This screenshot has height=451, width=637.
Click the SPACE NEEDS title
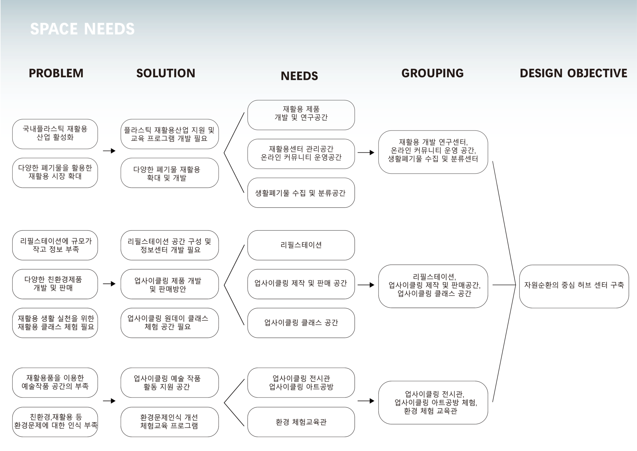(82, 29)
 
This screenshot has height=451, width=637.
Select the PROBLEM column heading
(56, 73)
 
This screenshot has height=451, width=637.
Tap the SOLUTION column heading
(166, 73)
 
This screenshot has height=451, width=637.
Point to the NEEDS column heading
(299, 76)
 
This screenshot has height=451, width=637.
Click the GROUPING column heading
(432, 73)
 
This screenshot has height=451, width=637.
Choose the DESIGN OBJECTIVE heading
(573, 73)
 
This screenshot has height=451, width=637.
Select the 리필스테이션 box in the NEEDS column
(301, 245)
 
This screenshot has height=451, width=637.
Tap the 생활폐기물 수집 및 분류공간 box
(301, 193)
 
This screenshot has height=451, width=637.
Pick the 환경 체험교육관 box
(301, 422)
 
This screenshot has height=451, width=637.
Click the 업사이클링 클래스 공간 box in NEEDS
(301, 322)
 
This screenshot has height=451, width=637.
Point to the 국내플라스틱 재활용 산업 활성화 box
(55, 134)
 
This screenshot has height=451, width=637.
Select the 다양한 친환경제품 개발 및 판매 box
(55, 284)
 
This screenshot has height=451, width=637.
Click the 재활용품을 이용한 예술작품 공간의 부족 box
(55, 382)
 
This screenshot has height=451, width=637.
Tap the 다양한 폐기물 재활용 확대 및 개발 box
(170, 173)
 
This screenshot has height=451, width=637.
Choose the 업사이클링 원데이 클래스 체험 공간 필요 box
(170, 322)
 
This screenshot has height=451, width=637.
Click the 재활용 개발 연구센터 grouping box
(433, 152)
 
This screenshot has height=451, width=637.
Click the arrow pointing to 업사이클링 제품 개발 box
(109, 284)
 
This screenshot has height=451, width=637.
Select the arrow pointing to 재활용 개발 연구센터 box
(366, 152)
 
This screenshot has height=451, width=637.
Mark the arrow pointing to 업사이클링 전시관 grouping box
(366, 401)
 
